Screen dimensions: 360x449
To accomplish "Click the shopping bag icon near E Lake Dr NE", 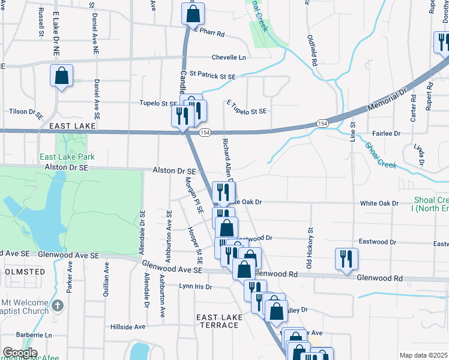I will (x=61, y=76).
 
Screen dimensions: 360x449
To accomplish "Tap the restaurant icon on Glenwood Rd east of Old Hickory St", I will (x=346, y=259).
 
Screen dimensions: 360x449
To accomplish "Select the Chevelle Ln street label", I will (x=229, y=58).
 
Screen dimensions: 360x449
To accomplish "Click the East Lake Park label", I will (x=67, y=157).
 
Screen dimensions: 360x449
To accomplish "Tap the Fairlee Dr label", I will (x=386, y=133).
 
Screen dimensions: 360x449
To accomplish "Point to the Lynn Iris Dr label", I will (x=196, y=287).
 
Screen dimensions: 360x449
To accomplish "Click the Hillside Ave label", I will (x=128, y=327).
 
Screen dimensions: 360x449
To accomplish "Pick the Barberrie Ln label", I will (x=35, y=335).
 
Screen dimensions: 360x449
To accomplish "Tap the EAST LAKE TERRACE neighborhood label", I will (x=218, y=321).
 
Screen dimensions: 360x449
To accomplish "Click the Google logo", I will (x=20, y=353).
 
